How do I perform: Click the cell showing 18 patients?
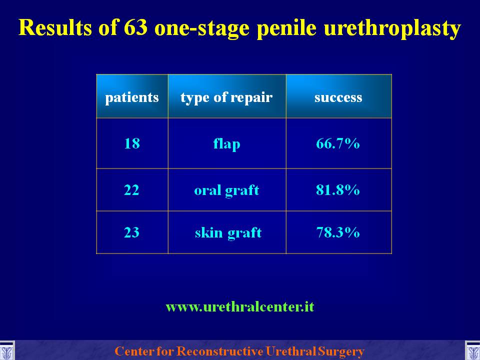(132, 143)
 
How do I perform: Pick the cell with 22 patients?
(131, 190)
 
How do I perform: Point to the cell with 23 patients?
(131, 232)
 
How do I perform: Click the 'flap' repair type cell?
(226, 144)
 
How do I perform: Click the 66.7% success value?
(337, 143)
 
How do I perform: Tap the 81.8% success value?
(337, 190)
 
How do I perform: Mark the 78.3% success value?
(337, 232)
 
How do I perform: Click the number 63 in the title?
(135, 27)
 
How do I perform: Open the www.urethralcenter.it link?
(240, 306)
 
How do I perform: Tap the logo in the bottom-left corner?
(6, 351)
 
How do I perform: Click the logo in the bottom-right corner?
(472, 351)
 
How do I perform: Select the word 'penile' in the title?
(286, 28)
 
